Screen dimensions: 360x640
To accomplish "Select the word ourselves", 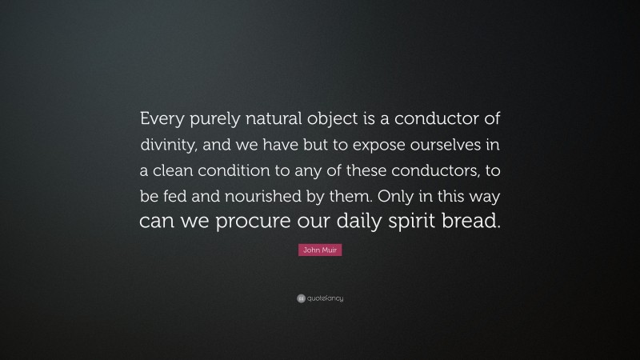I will pos(435,146).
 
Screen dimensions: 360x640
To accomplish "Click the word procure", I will pos(252,222).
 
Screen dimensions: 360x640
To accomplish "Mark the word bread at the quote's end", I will pos(474,222).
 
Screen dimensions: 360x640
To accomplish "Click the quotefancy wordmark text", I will pos(324,298).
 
